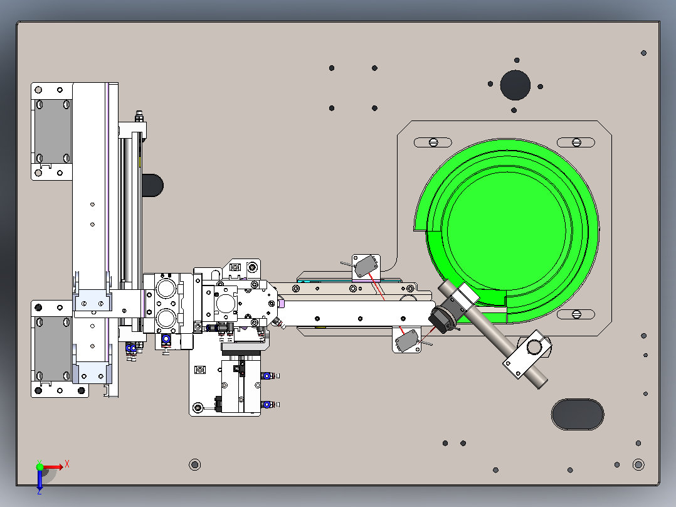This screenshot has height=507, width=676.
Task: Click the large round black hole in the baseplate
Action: [515, 85]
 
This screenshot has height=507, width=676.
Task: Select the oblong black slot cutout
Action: [578, 414]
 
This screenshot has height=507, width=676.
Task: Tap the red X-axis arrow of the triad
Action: [53, 467]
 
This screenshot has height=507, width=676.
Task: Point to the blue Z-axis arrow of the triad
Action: [40, 479]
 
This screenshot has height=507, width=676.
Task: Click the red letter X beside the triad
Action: [67, 464]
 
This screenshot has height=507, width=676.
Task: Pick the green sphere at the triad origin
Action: [40, 467]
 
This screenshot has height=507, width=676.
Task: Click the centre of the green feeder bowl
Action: [507, 231]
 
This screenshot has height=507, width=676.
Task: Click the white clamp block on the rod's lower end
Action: [527, 354]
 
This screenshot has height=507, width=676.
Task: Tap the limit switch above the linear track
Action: [366, 266]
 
